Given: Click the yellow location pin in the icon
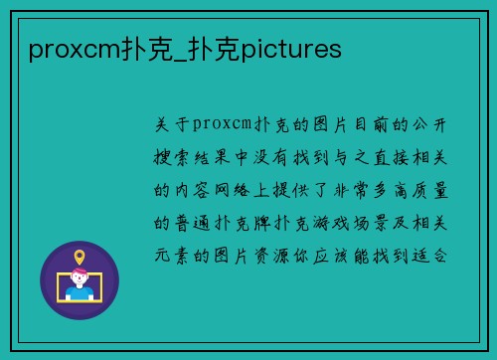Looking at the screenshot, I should (x=80, y=257).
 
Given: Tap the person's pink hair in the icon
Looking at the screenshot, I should (x=80, y=275).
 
